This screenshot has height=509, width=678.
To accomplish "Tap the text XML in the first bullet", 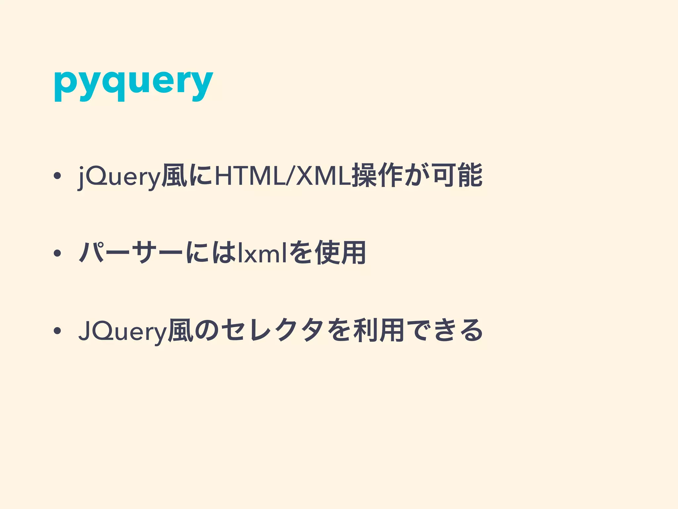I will click(323, 175).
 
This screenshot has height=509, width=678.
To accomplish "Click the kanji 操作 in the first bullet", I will click(377, 175).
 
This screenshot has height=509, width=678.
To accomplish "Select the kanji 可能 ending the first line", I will click(457, 175).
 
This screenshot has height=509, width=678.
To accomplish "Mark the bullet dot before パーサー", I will click(57, 254).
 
